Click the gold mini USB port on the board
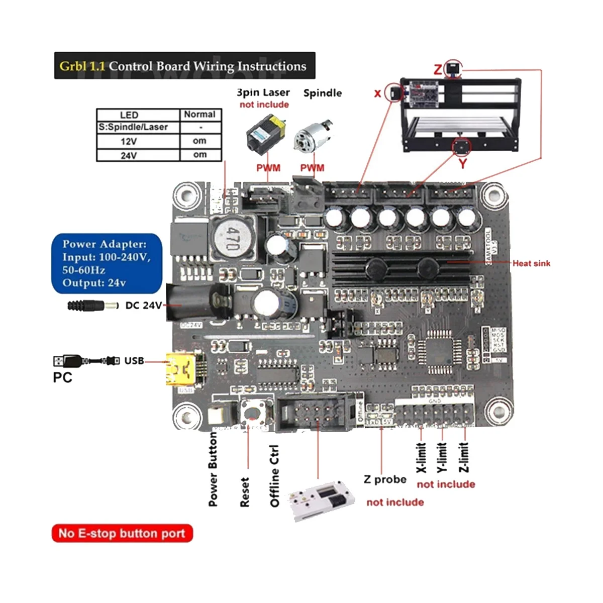point(181,370)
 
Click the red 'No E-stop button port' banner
point(122,533)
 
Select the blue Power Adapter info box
point(106,263)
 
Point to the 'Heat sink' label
point(531,263)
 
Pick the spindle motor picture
point(312,135)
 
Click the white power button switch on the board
point(217,416)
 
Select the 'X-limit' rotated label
point(422,457)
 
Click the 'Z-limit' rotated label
point(464,457)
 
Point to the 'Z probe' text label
point(385,479)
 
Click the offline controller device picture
point(322,500)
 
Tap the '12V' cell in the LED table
point(129,142)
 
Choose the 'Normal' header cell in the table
point(200,115)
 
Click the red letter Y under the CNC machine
point(462,163)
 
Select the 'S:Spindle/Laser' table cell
point(133,128)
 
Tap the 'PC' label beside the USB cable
point(62,377)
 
